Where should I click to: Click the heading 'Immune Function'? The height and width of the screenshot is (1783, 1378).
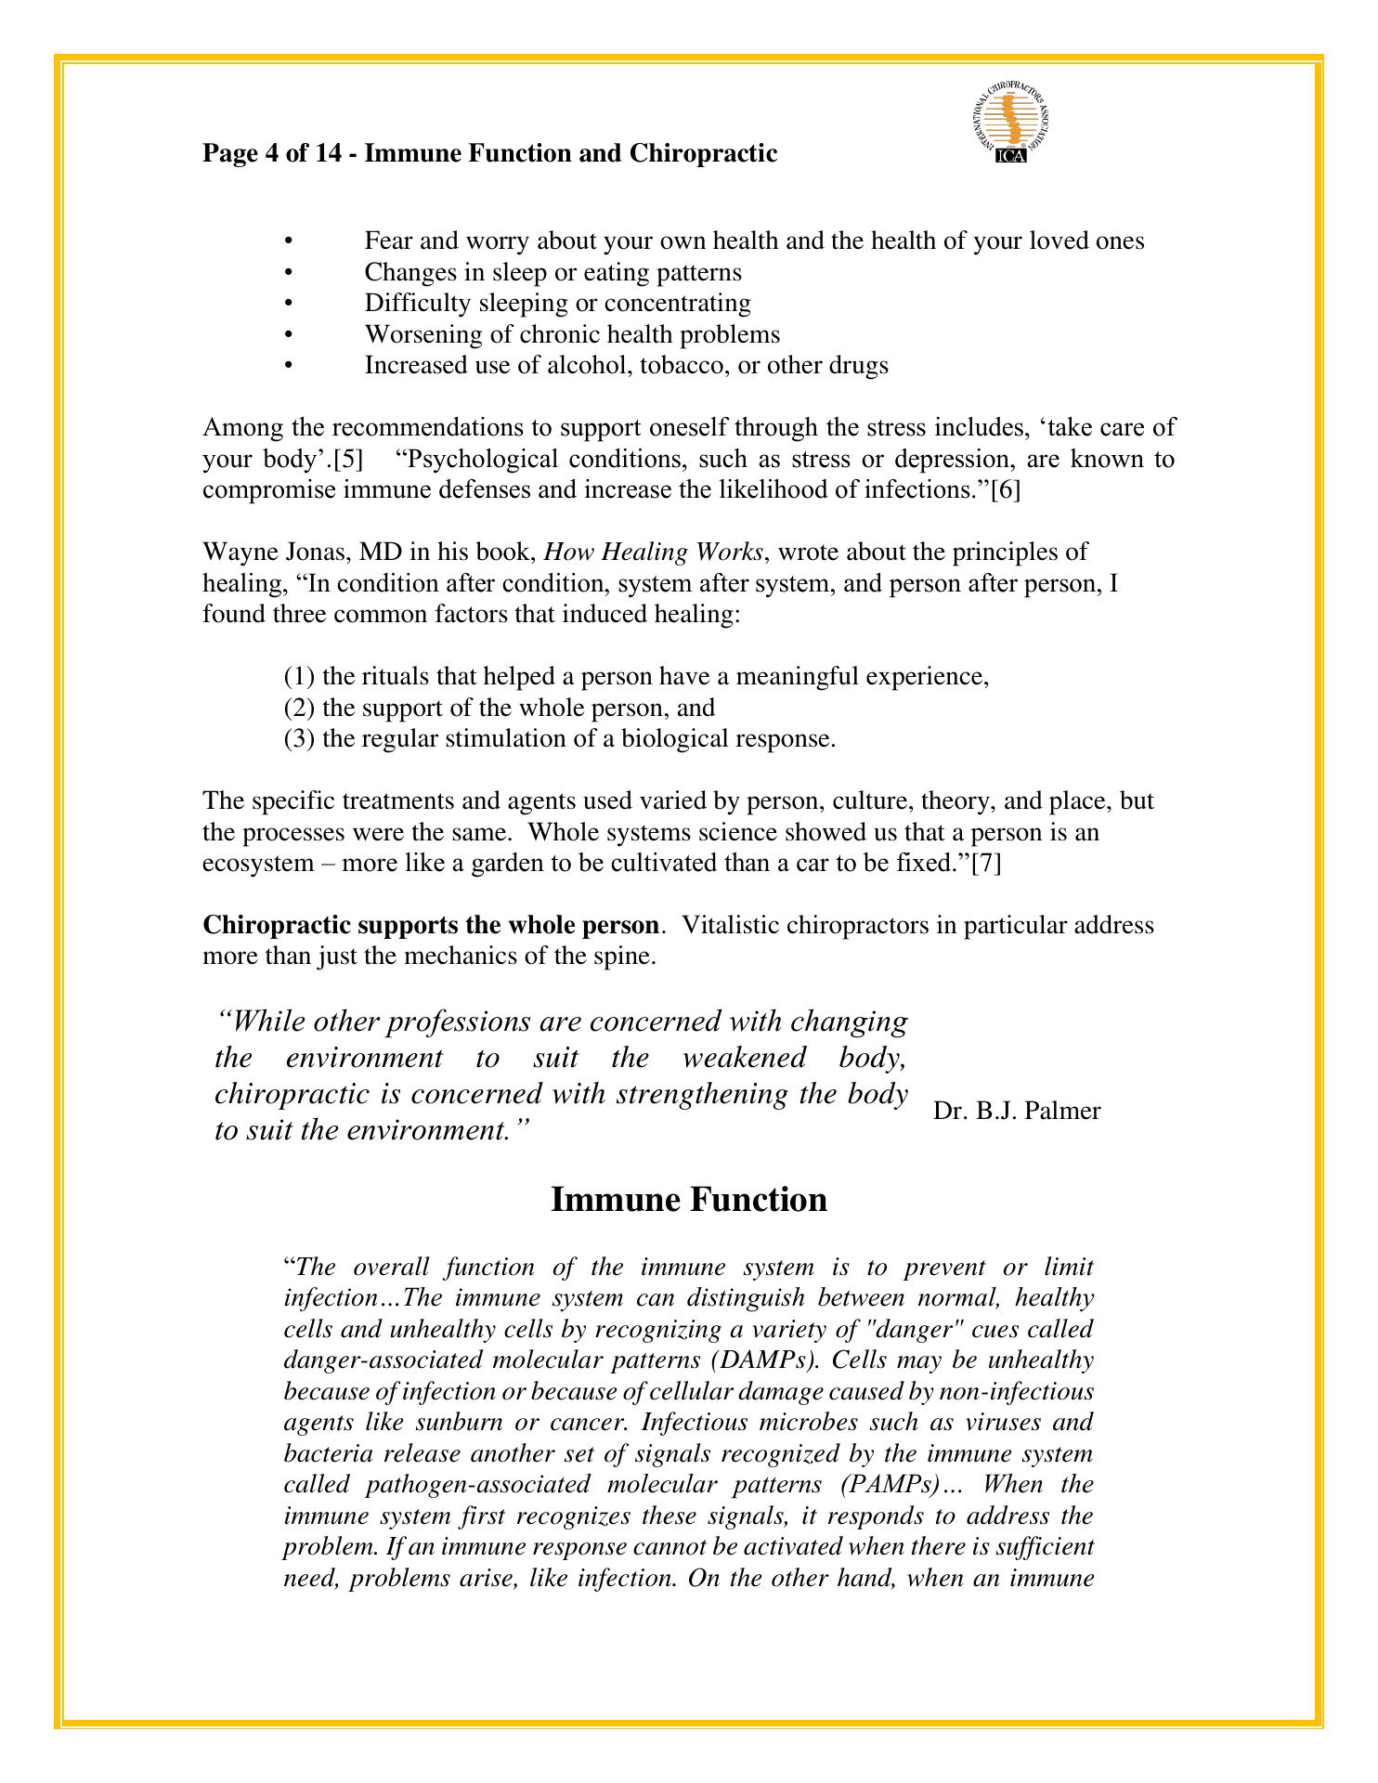click(x=688, y=1199)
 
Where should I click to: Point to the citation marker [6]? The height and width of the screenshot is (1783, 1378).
click(x=1005, y=490)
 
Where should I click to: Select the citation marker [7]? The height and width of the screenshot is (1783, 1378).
click(x=985, y=863)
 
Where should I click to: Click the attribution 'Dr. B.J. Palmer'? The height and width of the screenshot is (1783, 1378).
click(x=1017, y=1111)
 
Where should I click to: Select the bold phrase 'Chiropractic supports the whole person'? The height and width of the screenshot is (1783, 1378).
click(x=431, y=925)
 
